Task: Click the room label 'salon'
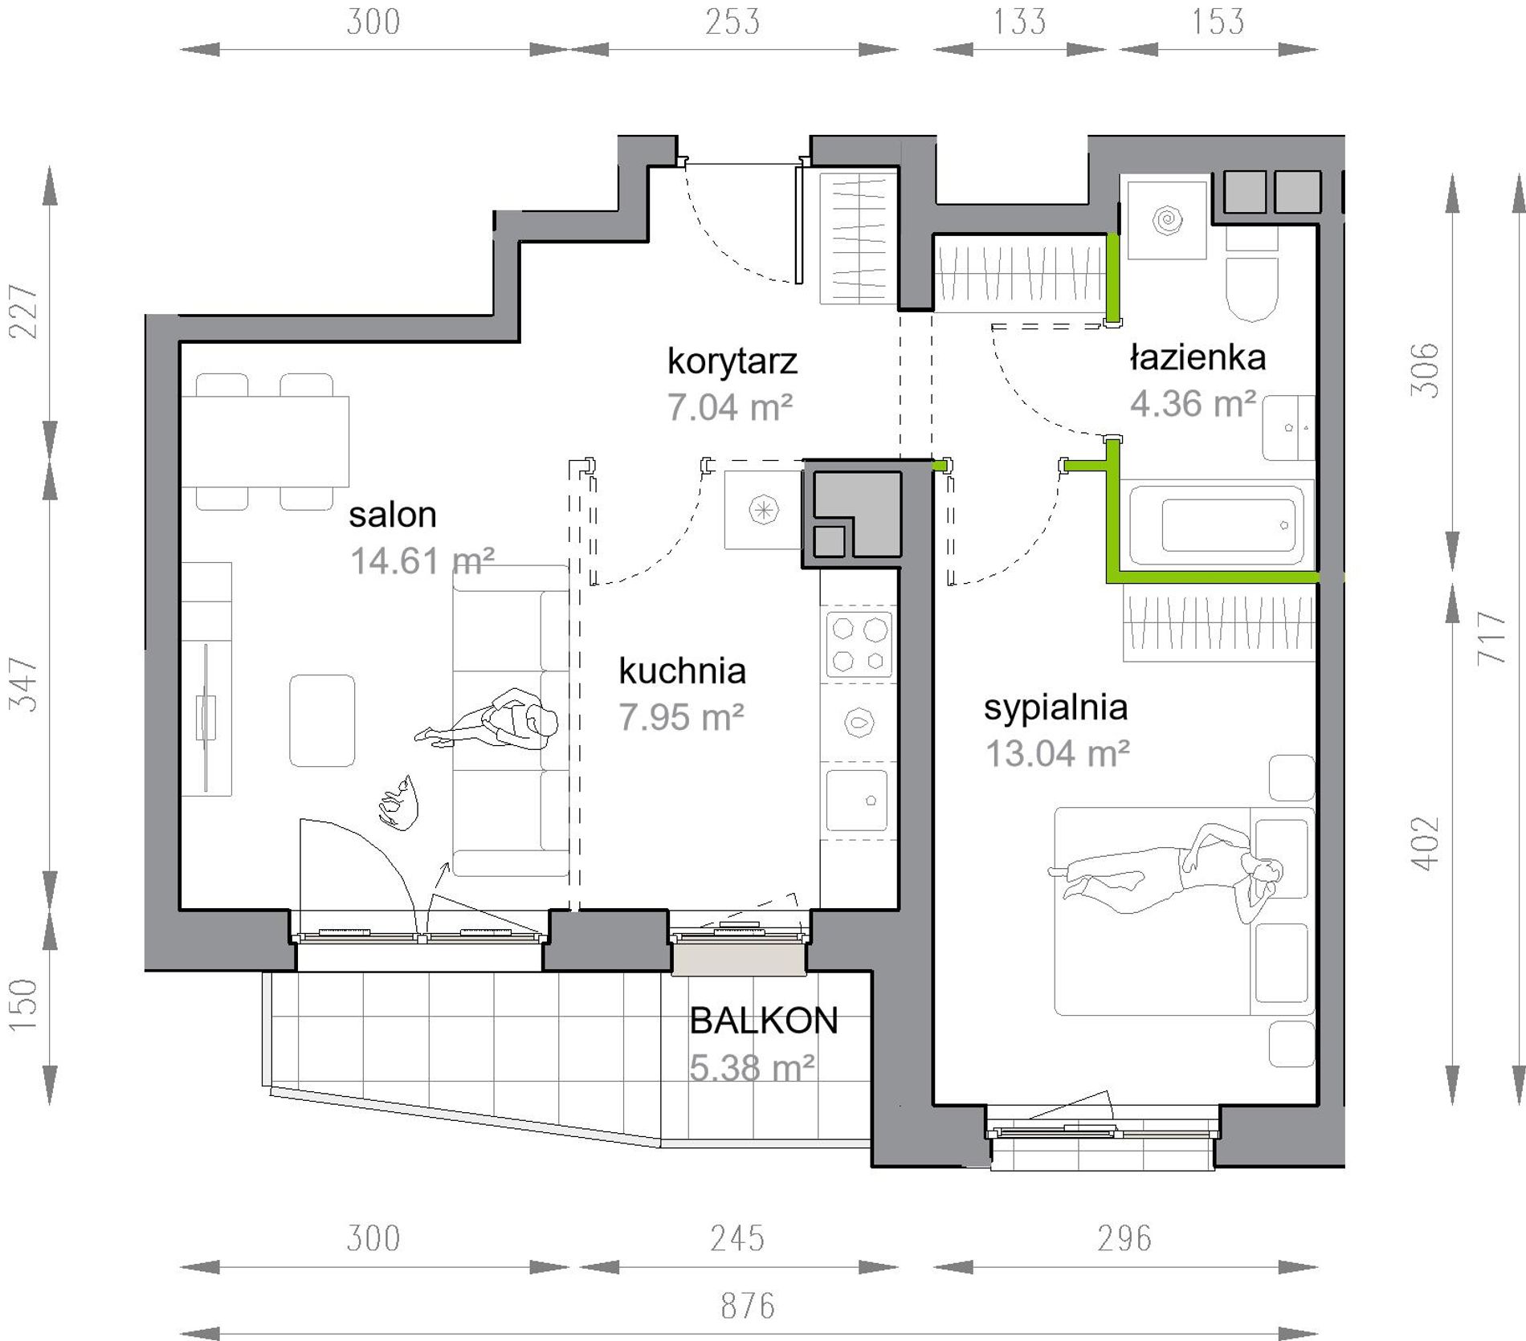click(392, 515)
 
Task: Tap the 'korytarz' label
click(732, 361)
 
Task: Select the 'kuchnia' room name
click(682, 671)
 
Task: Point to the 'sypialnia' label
click(1055, 708)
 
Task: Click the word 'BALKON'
click(764, 1021)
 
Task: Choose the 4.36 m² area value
click(1193, 404)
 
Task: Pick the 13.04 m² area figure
click(1057, 754)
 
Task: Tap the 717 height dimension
click(1491, 638)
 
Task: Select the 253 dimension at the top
click(732, 22)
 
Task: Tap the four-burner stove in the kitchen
click(859, 644)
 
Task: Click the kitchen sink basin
click(857, 801)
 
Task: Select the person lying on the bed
click(1165, 872)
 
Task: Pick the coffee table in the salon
click(322, 720)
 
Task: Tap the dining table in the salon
click(265, 441)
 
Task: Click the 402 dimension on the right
click(1426, 843)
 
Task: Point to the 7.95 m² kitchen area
click(681, 717)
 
